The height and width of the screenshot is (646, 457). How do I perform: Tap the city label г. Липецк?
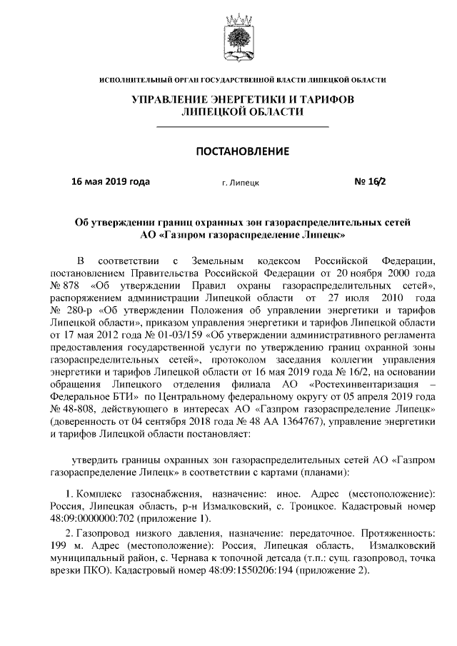click(x=241, y=183)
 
